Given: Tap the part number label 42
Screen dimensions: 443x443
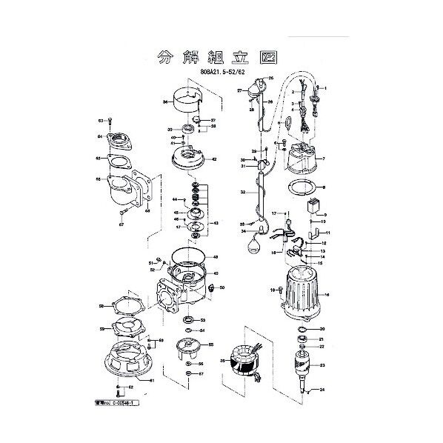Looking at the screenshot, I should [x=213, y=159].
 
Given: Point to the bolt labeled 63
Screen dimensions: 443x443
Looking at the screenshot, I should [x=110, y=121].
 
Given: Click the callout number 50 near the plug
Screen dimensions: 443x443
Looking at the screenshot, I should [x=222, y=287].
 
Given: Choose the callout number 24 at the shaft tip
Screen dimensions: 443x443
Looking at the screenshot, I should [x=323, y=390].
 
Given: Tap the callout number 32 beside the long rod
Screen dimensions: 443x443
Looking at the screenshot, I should [x=242, y=192].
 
